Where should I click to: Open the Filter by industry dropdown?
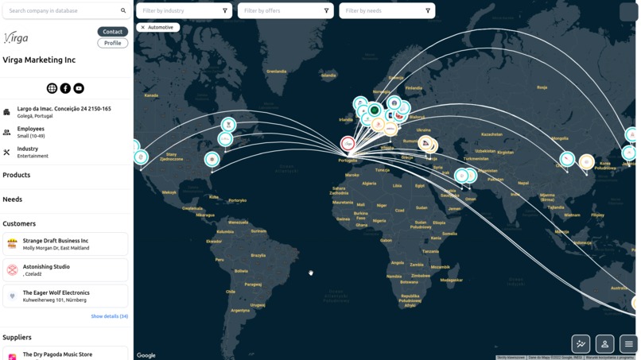pyautogui.click(x=183, y=11)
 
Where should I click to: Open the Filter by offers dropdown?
pyautogui.click(x=285, y=11)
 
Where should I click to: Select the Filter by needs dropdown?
pyautogui.click(x=387, y=11)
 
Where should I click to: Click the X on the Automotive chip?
pyautogui.click(x=143, y=28)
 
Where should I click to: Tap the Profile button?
pyautogui.click(x=112, y=43)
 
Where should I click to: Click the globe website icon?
pyautogui.click(x=52, y=88)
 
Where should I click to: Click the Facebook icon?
pyautogui.click(x=65, y=88)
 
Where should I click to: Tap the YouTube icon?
pyautogui.click(x=79, y=88)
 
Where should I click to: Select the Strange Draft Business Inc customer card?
pyautogui.click(x=65, y=244)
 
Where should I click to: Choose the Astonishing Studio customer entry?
pyautogui.click(x=65, y=270)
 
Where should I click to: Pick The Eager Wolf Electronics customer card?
pyautogui.click(x=65, y=296)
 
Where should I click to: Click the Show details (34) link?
pyautogui.click(x=109, y=316)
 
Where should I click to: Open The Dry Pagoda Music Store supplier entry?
pyautogui.click(x=65, y=354)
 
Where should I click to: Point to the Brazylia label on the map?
pyautogui.click(x=258, y=255)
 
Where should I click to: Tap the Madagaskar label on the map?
pyautogui.click(x=451, y=280)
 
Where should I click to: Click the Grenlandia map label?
pyautogui.click(x=276, y=72)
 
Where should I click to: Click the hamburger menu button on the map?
pyautogui.click(x=628, y=344)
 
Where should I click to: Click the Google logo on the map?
pyautogui.click(x=146, y=355)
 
